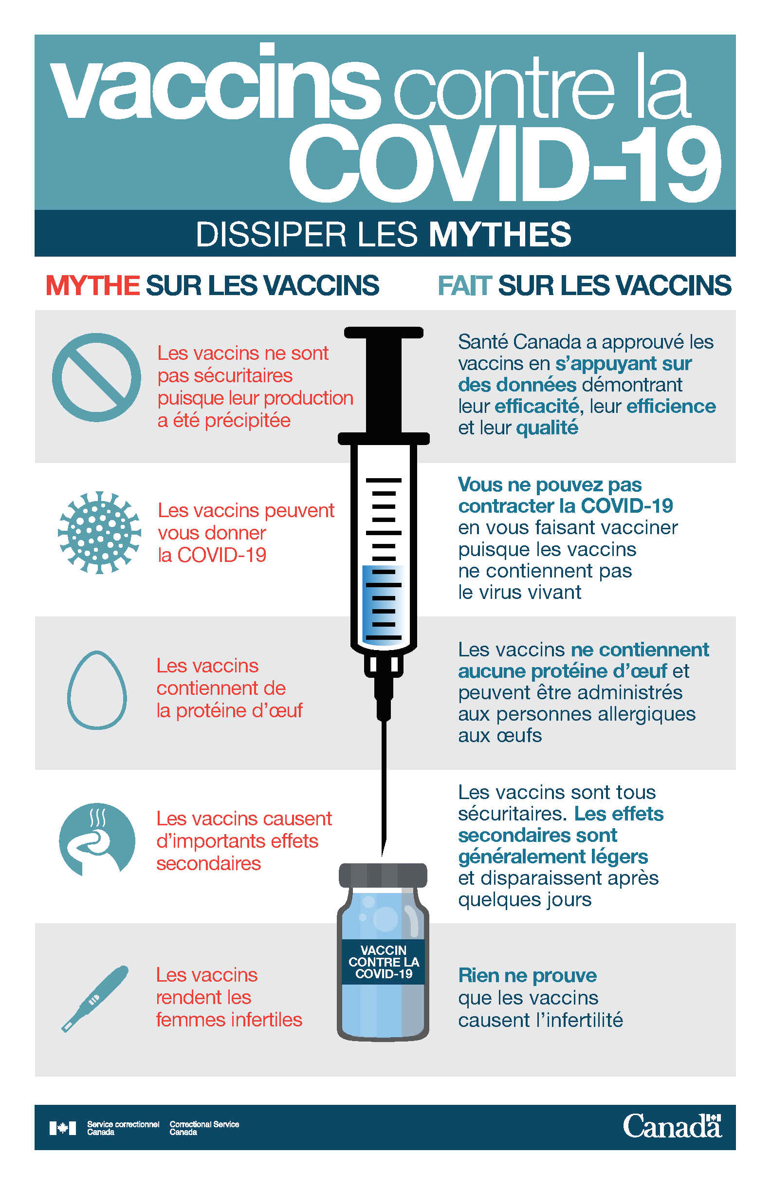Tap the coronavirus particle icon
[x=99, y=532]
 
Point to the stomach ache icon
[x=97, y=840]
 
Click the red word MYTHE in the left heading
[x=92, y=285]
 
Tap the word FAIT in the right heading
[x=465, y=285]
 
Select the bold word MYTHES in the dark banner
[x=500, y=234]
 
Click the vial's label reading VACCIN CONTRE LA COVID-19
[x=384, y=962]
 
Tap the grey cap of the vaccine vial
[x=383, y=875]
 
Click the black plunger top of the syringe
[x=384, y=332]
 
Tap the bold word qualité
[x=547, y=428]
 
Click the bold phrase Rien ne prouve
[x=528, y=976]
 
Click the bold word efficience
[x=671, y=406]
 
